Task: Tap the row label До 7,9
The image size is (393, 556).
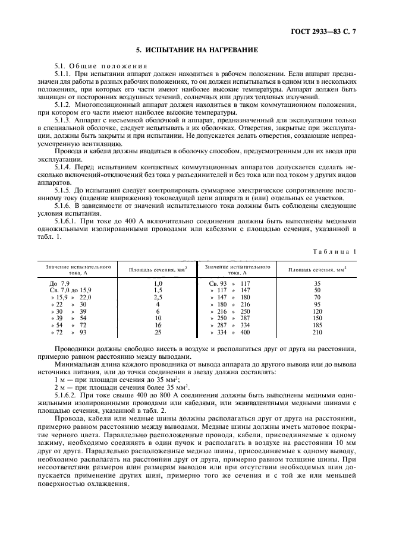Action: tap(60, 283)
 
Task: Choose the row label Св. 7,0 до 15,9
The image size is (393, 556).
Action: tap(71, 290)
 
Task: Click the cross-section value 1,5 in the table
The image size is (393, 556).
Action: tap(158, 290)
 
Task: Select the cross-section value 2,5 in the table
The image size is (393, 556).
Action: tap(158, 297)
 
